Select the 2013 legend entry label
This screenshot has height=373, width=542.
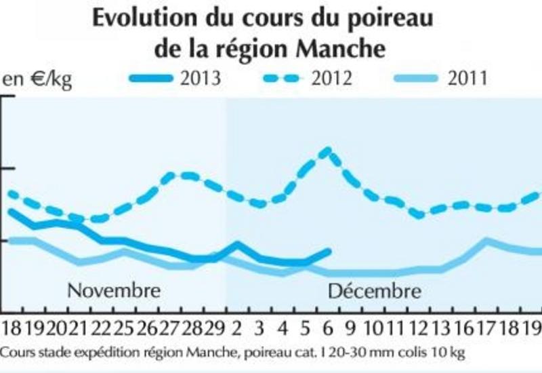point(201,78)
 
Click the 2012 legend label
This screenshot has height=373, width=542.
point(331,78)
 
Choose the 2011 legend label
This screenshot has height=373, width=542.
point(467,78)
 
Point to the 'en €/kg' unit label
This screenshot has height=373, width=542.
point(37,79)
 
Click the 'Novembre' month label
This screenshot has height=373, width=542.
point(114,291)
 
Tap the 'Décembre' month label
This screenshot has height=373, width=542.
point(375,292)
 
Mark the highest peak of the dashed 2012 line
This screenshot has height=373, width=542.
point(328,150)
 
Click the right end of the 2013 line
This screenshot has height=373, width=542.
point(329,252)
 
